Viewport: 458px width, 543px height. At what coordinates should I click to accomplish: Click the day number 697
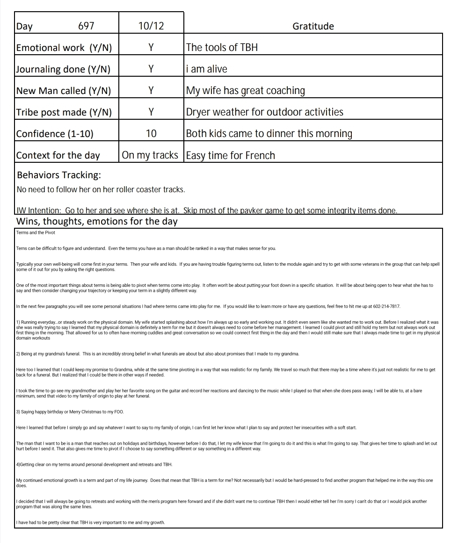tap(86, 26)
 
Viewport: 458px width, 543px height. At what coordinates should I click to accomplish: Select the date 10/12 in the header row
tap(151, 26)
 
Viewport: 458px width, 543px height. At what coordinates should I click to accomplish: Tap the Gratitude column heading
tap(313, 26)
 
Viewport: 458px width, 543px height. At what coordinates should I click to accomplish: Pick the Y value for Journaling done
tap(151, 69)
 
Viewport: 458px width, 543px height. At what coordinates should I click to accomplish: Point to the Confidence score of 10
tap(151, 134)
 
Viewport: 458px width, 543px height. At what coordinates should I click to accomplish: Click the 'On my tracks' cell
tap(150, 155)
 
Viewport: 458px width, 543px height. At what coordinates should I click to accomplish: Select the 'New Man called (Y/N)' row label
tap(64, 91)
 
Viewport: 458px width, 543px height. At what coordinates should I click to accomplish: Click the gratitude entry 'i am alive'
tap(206, 69)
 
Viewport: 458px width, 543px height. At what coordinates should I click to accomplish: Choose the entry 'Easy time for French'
tap(230, 155)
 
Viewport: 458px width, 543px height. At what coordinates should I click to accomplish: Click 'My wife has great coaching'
tap(245, 91)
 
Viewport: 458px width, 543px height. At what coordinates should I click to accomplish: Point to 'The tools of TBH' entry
tap(222, 48)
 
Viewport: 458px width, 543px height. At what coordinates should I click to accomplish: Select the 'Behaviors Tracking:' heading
tap(59, 175)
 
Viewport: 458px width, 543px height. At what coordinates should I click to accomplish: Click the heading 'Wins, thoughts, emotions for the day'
tap(97, 221)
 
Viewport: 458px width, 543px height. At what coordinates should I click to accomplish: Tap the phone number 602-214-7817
tap(386, 306)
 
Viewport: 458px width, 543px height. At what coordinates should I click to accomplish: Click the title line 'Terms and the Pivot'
tap(36, 232)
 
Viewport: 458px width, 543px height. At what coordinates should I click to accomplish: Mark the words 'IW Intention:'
tap(39, 210)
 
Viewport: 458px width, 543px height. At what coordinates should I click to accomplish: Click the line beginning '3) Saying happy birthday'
tap(70, 412)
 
